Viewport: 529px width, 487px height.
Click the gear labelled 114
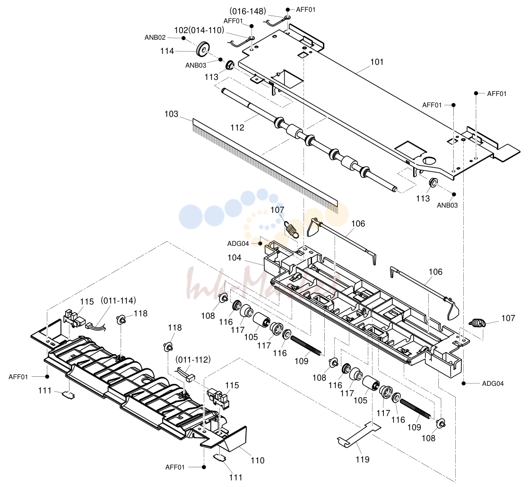point(201,49)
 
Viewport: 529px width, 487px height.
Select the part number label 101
point(377,62)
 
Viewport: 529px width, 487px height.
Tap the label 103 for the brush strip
point(171,114)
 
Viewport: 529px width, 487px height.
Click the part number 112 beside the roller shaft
point(237,128)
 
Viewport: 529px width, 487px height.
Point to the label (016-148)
point(248,11)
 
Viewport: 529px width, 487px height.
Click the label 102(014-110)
point(199,30)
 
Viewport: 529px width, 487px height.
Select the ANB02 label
point(155,38)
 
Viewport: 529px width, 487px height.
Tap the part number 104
point(234,258)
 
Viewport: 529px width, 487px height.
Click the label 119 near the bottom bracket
point(363,459)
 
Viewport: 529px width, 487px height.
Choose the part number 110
point(258,461)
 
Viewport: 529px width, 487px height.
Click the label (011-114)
point(118,300)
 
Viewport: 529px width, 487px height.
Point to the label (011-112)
point(193,360)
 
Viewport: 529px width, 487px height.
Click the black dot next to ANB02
point(183,38)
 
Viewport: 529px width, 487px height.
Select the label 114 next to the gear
point(167,51)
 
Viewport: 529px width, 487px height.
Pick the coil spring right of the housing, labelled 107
point(477,323)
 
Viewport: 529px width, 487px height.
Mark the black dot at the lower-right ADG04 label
point(464,383)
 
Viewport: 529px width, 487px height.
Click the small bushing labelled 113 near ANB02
point(230,65)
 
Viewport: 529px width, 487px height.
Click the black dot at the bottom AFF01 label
point(204,467)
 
